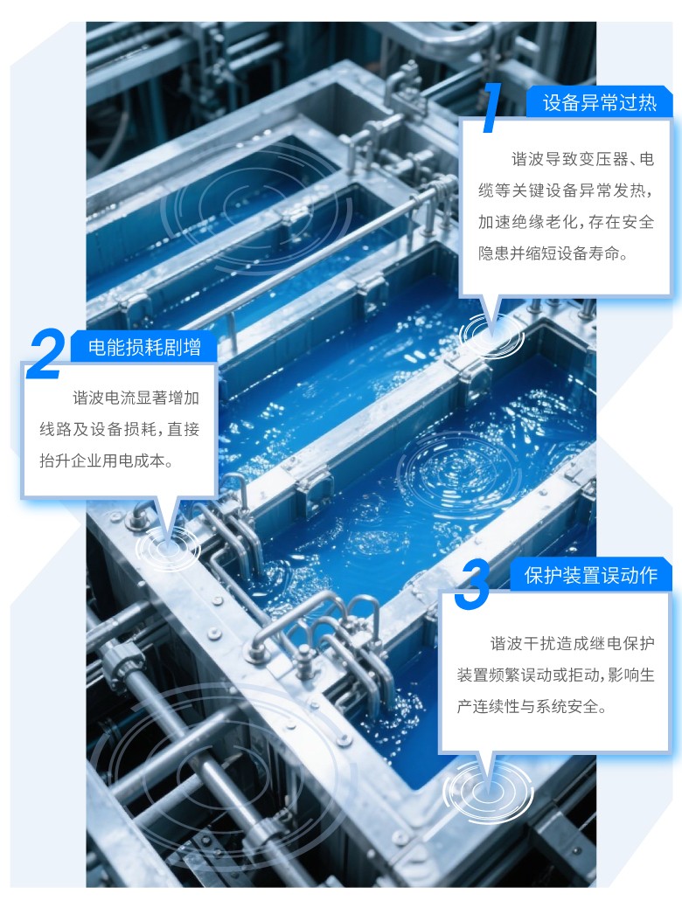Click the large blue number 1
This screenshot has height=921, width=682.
(491, 107)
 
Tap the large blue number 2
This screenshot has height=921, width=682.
(46, 353)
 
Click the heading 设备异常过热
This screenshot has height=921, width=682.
(599, 103)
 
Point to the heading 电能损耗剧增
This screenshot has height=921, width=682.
(144, 347)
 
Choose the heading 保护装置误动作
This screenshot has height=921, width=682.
(590, 575)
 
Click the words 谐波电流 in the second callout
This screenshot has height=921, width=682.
(104, 398)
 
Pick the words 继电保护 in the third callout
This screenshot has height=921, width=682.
(623, 644)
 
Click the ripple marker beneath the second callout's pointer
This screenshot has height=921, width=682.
(168, 547)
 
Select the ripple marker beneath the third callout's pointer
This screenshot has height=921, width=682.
(489, 790)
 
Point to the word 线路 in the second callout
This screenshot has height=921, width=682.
(55, 429)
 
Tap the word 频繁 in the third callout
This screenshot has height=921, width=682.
(505, 675)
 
